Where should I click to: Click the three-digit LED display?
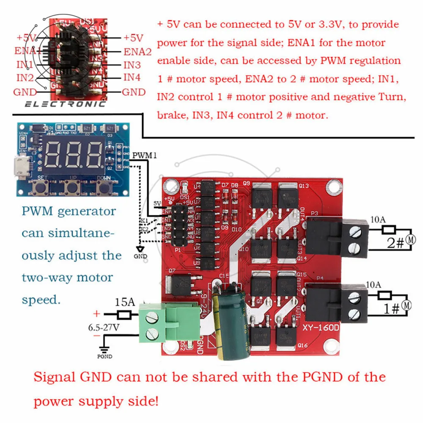pyautogui.click(x=74, y=154)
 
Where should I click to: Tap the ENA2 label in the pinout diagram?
pyautogui.click(x=137, y=52)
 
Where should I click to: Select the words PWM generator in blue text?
pyautogui.click(x=69, y=211)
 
